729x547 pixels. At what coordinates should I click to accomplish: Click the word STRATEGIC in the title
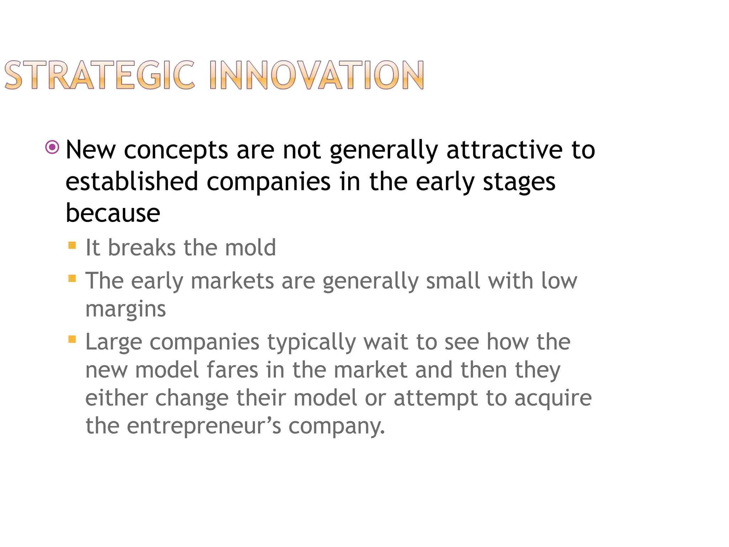[x=99, y=75]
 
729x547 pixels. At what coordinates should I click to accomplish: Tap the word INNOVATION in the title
[x=316, y=75]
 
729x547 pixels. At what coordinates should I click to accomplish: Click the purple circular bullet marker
[x=52, y=147]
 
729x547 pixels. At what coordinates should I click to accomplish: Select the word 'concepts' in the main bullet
[x=176, y=150]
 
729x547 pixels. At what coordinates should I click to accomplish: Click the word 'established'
[x=132, y=181]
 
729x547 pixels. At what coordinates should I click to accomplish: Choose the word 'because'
[x=113, y=213]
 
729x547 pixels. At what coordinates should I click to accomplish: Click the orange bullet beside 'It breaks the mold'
[x=72, y=245]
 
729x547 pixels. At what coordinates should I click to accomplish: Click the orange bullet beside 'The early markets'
[x=72, y=278]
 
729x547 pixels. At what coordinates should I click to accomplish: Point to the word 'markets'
[x=232, y=281]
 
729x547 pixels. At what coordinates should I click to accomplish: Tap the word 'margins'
[x=126, y=309]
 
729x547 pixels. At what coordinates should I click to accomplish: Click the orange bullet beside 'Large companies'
[x=72, y=339]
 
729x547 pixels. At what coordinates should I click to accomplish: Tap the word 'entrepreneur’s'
[x=204, y=426]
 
